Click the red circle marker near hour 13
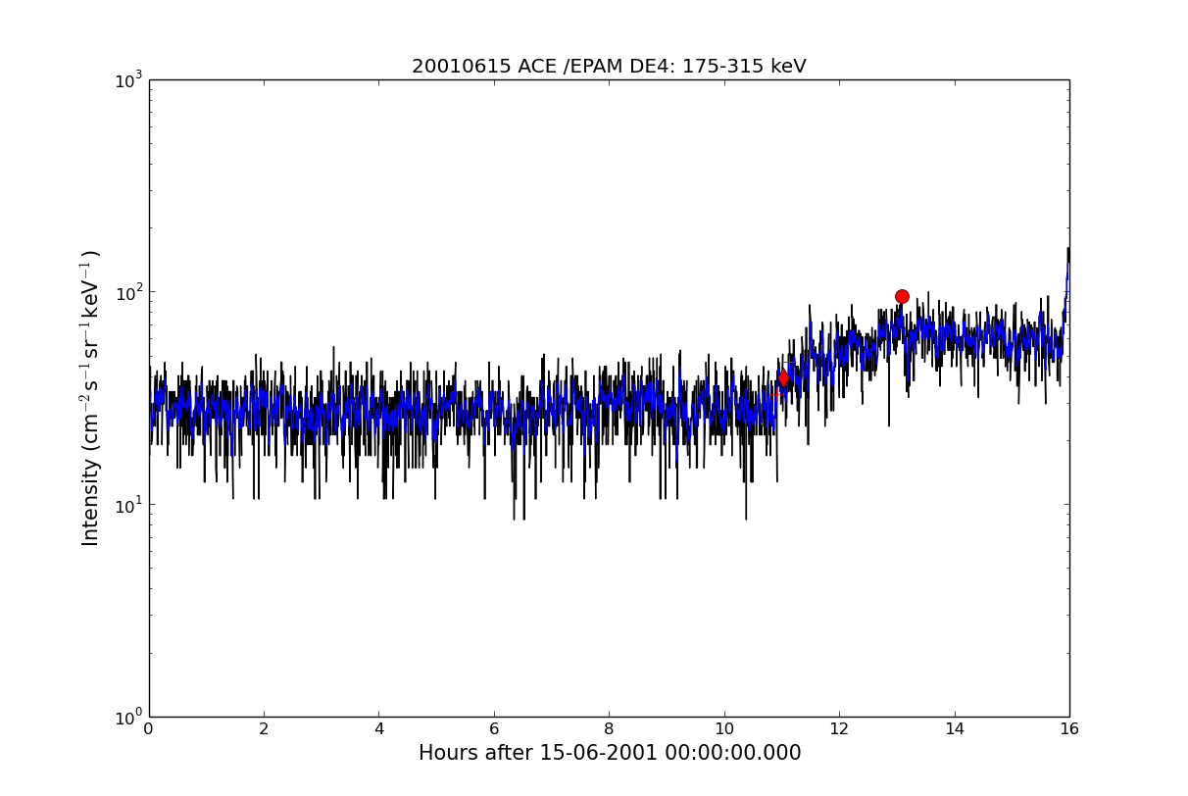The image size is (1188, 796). pyautogui.click(x=902, y=296)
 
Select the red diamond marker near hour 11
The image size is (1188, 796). pyautogui.click(x=783, y=378)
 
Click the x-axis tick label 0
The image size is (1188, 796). pyautogui.click(x=149, y=729)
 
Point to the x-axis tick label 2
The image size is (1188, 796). pyautogui.click(x=264, y=729)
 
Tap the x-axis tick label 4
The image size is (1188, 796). pyautogui.click(x=378, y=729)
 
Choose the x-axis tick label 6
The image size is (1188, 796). pyautogui.click(x=494, y=729)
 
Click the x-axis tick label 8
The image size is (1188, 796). pyautogui.click(x=609, y=729)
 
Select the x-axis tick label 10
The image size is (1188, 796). pyautogui.click(x=724, y=729)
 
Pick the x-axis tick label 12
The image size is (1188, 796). pyautogui.click(x=839, y=729)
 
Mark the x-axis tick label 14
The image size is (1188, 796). pyautogui.click(x=954, y=729)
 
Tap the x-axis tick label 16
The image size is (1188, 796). pyautogui.click(x=1069, y=729)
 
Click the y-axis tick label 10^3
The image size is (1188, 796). pyautogui.click(x=128, y=80)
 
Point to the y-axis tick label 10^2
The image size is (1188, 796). pyautogui.click(x=128, y=293)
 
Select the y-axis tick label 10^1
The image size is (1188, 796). pyautogui.click(x=128, y=506)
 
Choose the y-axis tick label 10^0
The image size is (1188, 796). pyautogui.click(x=128, y=718)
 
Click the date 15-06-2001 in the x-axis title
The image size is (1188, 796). pyautogui.click(x=599, y=753)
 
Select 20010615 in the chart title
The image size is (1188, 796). pyautogui.click(x=462, y=67)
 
